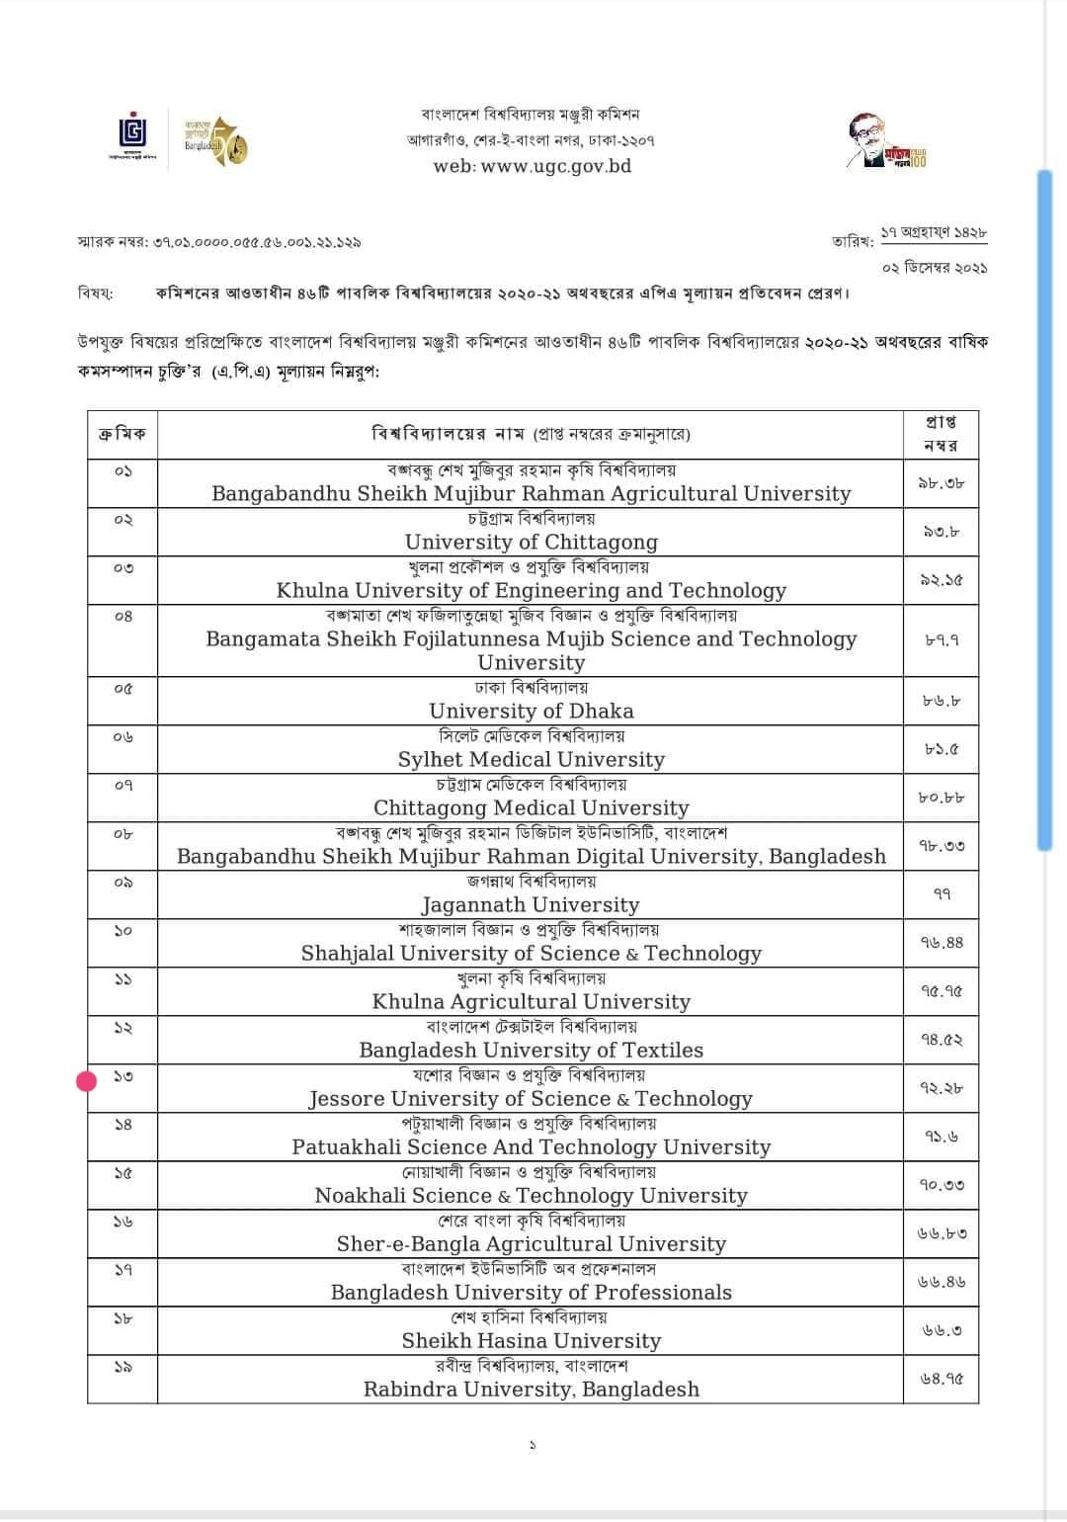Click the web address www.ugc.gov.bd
[532, 166]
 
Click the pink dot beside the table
[87, 1081]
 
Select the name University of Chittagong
[531, 542]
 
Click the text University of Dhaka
[531, 711]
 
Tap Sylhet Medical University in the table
[531, 759]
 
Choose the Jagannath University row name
[531, 904]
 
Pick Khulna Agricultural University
[531, 1001]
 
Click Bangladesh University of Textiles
[531, 1050]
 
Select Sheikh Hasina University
[531, 1340]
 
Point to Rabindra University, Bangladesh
[531, 1389]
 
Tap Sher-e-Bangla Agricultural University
[531, 1243]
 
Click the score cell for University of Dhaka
[941, 701]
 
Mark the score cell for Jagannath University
[941, 894]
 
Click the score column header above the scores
[941, 434]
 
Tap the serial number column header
[123, 434]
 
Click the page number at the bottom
[533, 1445]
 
